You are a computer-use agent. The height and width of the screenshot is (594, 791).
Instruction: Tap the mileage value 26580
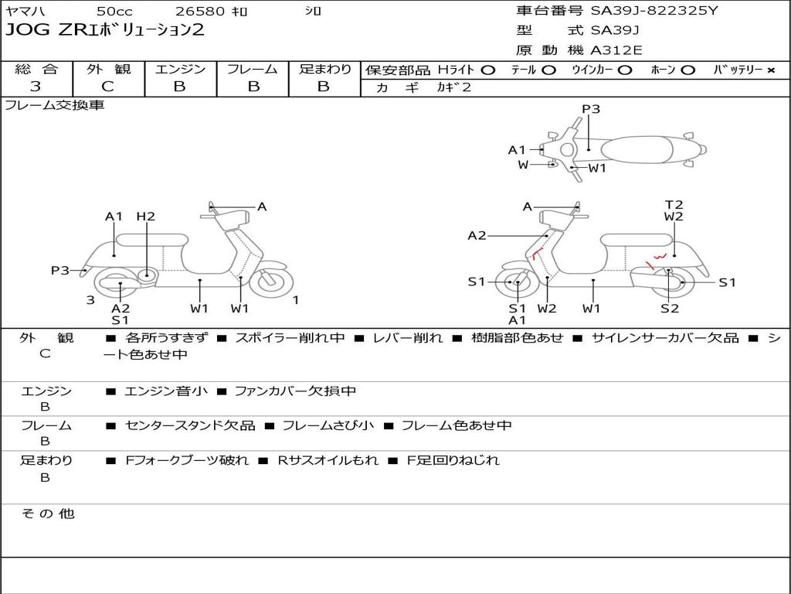click(x=200, y=12)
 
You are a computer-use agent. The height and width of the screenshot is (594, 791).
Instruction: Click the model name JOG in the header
click(x=25, y=30)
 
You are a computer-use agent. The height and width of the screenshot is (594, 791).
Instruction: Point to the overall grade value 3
click(x=36, y=87)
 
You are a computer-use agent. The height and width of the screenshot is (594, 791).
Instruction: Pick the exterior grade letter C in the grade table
click(x=108, y=87)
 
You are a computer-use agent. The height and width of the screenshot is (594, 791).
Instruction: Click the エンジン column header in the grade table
click(x=180, y=70)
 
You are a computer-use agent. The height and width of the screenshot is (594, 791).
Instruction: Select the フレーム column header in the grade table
click(x=252, y=70)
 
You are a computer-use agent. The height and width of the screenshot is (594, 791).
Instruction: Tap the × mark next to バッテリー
click(x=771, y=70)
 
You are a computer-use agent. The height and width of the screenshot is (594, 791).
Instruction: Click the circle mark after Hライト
click(x=487, y=70)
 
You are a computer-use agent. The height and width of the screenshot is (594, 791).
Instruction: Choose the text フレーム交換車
click(x=54, y=105)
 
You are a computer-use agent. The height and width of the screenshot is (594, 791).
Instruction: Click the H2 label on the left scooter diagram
click(x=146, y=217)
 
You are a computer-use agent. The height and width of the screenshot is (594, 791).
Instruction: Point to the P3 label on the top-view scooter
click(x=591, y=109)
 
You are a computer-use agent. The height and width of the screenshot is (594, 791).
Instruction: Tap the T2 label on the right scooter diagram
click(x=674, y=205)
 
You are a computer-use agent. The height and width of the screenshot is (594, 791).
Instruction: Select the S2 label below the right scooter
click(x=669, y=309)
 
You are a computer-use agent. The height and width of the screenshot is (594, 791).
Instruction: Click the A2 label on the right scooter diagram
click(x=477, y=235)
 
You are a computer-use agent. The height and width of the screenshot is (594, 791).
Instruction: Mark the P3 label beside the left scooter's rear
click(x=60, y=270)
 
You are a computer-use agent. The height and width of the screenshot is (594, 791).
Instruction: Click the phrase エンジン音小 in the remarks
click(x=166, y=391)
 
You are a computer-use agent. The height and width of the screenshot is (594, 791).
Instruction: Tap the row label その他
click(x=47, y=514)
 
